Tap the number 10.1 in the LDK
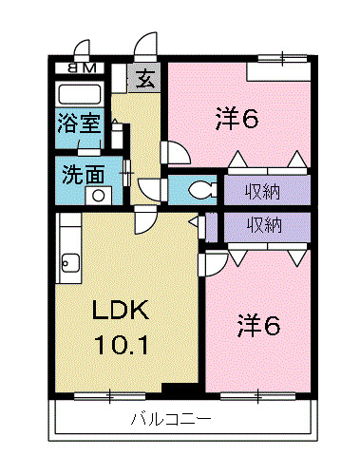click(120, 344)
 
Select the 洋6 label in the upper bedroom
click(237, 119)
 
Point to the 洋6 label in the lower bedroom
click(257, 326)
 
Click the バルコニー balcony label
click(170, 419)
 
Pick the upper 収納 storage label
click(265, 190)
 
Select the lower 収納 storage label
click(265, 225)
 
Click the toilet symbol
click(199, 190)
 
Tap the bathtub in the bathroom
click(81, 94)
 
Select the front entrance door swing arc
click(146, 46)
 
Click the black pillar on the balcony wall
click(178, 389)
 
